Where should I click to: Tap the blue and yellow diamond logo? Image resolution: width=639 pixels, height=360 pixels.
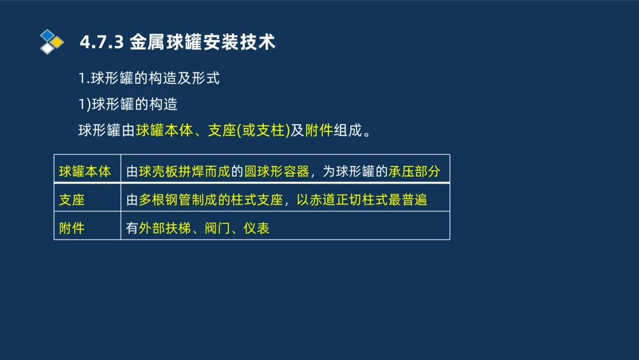(52, 42)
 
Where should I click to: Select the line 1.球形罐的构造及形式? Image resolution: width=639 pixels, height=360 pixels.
(149, 79)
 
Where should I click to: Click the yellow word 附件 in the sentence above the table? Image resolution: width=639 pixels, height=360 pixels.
(319, 131)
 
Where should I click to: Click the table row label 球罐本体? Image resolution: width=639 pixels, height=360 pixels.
(85, 172)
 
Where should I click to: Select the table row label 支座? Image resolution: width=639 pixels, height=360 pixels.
(72, 200)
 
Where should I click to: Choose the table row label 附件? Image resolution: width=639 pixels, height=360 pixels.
(72, 228)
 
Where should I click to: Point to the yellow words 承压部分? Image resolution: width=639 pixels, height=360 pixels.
(415, 172)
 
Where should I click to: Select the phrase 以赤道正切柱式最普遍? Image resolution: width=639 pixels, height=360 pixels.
(362, 200)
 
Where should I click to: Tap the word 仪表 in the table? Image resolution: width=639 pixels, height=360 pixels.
(256, 228)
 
